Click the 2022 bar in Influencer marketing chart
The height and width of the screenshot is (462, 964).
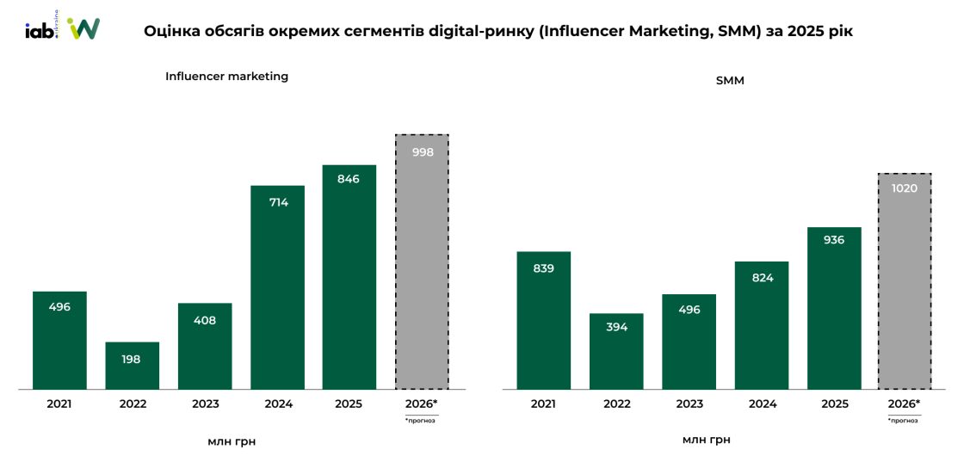coord(133,366)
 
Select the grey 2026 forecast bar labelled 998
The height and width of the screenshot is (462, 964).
coord(422,262)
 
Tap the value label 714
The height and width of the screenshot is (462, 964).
coord(278,203)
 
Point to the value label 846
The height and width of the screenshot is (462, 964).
coord(349,179)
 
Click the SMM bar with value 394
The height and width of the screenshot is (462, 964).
coord(616,351)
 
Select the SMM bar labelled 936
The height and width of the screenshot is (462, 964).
coord(834,308)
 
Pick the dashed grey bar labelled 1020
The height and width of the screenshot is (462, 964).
coord(905,281)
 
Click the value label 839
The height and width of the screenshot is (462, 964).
coord(543,268)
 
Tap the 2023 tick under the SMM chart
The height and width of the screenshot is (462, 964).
coord(689,403)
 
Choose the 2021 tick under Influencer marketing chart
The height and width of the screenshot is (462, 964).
coord(59,403)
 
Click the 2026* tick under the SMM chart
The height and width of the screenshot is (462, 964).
coord(905,403)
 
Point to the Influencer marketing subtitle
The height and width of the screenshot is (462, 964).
coord(226,77)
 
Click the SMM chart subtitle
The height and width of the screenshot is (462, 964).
coord(730,81)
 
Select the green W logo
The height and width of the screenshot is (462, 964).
coord(83,28)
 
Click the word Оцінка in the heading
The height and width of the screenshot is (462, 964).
coord(172,31)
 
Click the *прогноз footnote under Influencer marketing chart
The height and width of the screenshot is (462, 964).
coord(420,421)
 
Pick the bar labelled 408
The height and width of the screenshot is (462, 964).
coord(205,346)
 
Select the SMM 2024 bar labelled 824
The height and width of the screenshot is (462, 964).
coord(762,325)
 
